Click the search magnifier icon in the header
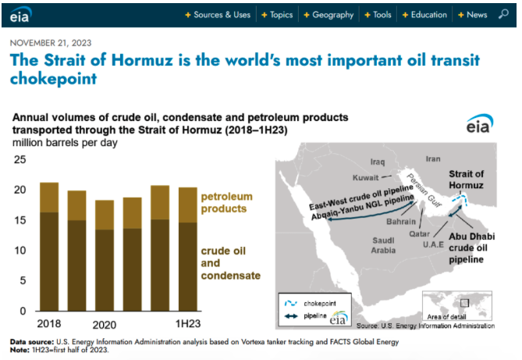click(x=503, y=14)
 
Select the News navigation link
click(x=472, y=15)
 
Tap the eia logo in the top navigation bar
click(x=20, y=15)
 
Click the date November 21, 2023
click(x=51, y=43)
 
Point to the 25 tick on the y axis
click(x=20, y=159)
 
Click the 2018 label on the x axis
click(x=49, y=323)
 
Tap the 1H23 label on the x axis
click(x=188, y=323)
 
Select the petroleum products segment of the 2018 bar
click(x=49, y=198)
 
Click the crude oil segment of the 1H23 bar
click(x=188, y=266)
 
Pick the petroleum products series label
click(x=227, y=202)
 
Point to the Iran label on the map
click(x=433, y=159)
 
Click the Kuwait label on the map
click(x=365, y=178)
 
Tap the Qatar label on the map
click(x=419, y=234)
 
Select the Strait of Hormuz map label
click(x=466, y=180)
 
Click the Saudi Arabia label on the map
click(x=383, y=245)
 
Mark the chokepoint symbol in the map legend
click(x=290, y=303)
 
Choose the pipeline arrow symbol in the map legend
click(x=291, y=316)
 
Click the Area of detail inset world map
click(x=457, y=305)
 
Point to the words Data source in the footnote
click(x=32, y=342)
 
